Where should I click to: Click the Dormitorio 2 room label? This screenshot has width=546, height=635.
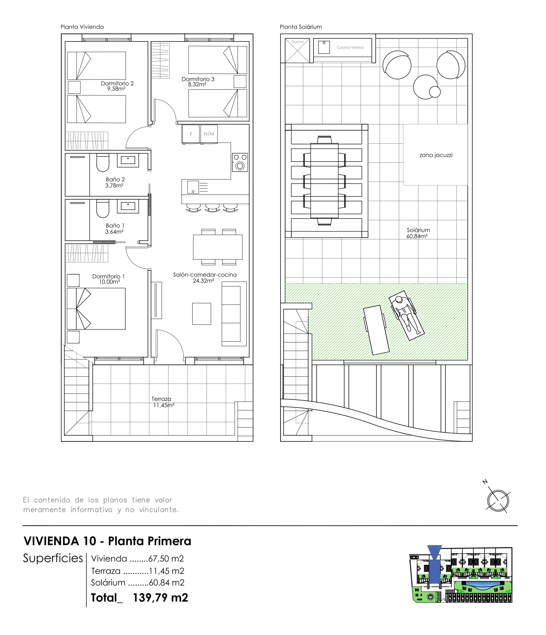coord(117,83)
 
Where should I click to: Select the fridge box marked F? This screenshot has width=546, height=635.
coord(191,134)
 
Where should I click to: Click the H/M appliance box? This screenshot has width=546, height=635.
coord(209,134)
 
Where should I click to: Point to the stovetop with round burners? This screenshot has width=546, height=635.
coord(240,162)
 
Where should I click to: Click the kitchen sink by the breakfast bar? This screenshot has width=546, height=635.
coord(193,187)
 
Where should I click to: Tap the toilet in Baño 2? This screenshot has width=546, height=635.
coord(103,162)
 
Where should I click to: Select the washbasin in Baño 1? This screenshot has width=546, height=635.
coord(128,206)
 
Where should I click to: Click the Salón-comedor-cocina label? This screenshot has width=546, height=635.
coord(205,275)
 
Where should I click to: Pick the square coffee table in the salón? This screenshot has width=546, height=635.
coord(201,314)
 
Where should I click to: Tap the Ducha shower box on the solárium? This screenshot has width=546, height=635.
coord(297,50)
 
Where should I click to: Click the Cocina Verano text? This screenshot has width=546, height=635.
coord(350,48)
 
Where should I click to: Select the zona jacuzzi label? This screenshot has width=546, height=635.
coord(436,155)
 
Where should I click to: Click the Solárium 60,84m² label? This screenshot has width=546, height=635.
coord(418,233)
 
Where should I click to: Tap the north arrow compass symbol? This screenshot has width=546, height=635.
coord(498,501)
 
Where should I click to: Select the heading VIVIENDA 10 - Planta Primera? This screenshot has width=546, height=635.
coord(107,541)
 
